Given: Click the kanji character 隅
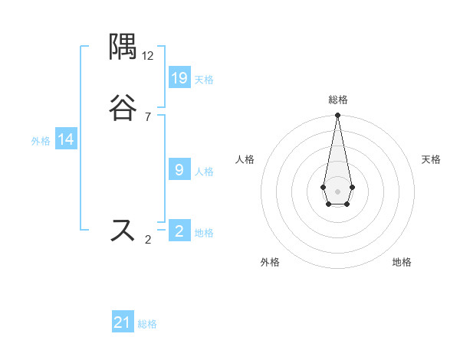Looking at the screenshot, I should [x=123, y=48].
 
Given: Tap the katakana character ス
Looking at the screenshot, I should [x=123, y=230].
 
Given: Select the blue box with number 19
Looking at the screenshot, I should [x=179, y=77].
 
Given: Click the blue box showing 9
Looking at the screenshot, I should [x=179, y=169].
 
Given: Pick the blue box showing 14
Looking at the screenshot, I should [x=66, y=139].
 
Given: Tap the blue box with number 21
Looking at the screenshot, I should [x=123, y=322].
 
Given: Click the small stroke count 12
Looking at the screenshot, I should [x=148, y=56].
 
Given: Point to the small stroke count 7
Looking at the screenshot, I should [x=148, y=117].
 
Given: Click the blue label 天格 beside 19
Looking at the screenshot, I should [x=204, y=79].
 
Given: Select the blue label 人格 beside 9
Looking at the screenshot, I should [x=204, y=171].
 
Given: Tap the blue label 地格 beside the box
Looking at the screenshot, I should [x=204, y=233].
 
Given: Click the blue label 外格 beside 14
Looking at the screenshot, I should [x=41, y=141].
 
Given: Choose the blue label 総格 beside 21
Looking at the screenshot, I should [x=147, y=324].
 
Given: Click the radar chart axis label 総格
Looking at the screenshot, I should [x=337, y=100].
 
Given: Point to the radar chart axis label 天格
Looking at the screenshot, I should [x=431, y=159].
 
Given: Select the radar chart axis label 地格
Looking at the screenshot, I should [x=402, y=262].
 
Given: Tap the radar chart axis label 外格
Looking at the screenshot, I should [x=270, y=262].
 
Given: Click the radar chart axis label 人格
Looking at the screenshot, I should [x=245, y=159].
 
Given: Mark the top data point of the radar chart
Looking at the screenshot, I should [x=337, y=116].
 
